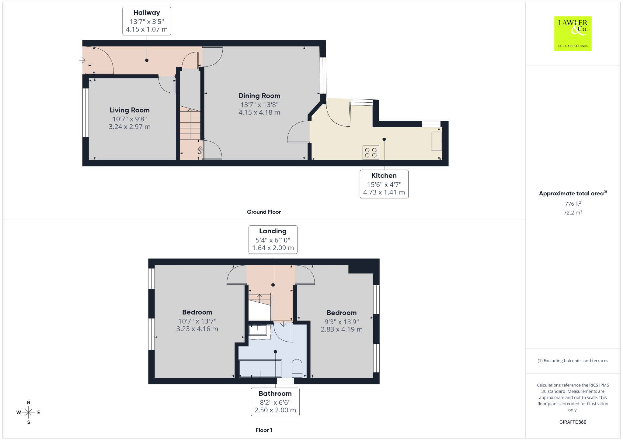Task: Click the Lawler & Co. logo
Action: [573, 33]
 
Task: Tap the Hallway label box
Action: [147, 21]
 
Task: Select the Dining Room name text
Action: [259, 96]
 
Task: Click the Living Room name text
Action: [130, 110]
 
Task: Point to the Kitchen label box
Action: [384, 184]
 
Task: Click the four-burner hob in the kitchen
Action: [371, 153]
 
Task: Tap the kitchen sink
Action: [436, 141]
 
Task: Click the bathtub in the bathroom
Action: [260, 369]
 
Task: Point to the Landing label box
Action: [273, 239]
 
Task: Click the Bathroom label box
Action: [275, 402]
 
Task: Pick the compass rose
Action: [29, 412]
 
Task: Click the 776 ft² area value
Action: [573, 204]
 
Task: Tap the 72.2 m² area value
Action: [573, 212]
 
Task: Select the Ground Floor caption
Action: [264, 212]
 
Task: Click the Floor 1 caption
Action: [264, 430]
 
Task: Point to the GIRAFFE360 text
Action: [573, 422]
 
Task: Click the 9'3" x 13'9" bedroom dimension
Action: [342, 321]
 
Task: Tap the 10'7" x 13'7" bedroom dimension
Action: [197, 321]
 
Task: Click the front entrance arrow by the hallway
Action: [82, 60]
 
